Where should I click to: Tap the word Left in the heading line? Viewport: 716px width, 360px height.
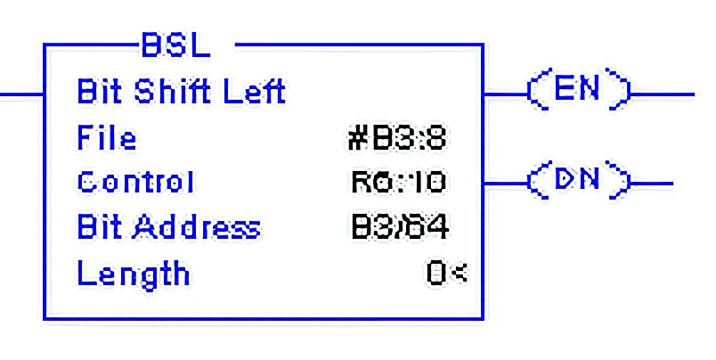coord(255,91)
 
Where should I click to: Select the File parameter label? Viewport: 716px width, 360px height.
coord(107,138)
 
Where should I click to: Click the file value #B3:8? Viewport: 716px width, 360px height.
coord(397,139)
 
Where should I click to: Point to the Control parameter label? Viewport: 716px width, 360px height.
coord(135,183)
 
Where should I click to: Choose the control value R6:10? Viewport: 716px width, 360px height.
coord(398,183)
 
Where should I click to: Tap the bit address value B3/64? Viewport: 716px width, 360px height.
coord(399,227)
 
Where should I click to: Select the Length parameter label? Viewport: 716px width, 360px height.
coord(134,274)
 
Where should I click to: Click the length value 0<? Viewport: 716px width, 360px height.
coord(446,274)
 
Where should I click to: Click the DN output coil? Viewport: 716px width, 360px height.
coord(579,182)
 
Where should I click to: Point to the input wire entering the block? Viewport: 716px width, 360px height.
coord(21,93)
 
